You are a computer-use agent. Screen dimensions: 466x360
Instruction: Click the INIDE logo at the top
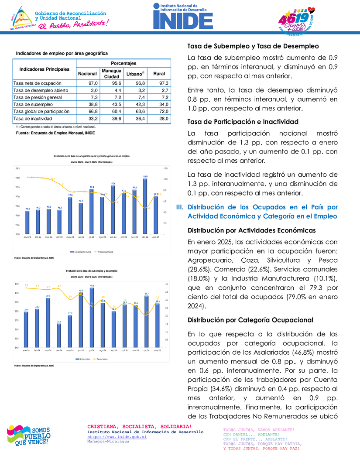(x=182, y=16)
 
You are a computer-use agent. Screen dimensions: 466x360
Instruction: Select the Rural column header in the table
(x=159, y=74)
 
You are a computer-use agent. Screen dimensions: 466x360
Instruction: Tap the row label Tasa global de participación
(x=41, y=112)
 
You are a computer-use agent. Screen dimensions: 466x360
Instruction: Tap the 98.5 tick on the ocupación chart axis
(x=17, y=168)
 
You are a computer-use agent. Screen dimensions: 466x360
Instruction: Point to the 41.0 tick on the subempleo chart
(x=16, y=284)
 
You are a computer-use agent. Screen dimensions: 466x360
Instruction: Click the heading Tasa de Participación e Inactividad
(x=243, y=121)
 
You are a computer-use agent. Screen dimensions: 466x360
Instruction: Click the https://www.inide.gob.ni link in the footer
(x=117, y=436)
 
